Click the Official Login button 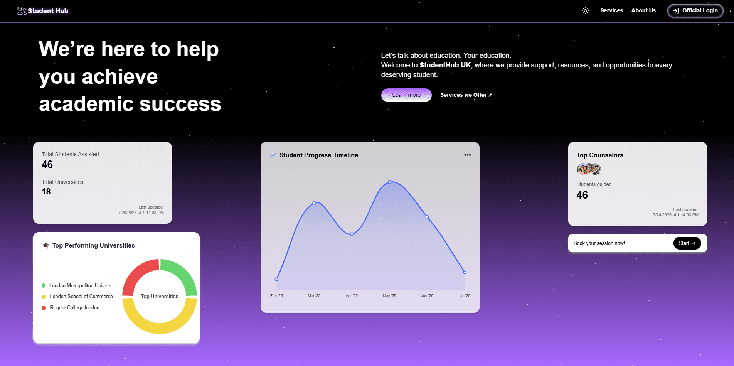pos(695,11)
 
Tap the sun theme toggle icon pos(585,11)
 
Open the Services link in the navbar pos(611,10)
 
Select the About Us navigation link pos(643,10)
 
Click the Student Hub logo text pos(48,11)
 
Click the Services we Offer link pos(466,95)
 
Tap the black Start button pos(687,243)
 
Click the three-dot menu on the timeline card pos(467,155)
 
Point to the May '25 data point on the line pos(389,182)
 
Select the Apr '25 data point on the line pos(352,234)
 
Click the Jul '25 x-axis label pos(465,296)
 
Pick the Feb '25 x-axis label pos(276,296)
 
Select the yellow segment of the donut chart pos(160,324)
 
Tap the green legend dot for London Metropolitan pos(44,286)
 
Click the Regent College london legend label pos(74,308)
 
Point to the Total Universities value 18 pos(46,192)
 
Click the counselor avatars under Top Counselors pos(588,169)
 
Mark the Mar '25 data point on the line pos(314,203)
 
